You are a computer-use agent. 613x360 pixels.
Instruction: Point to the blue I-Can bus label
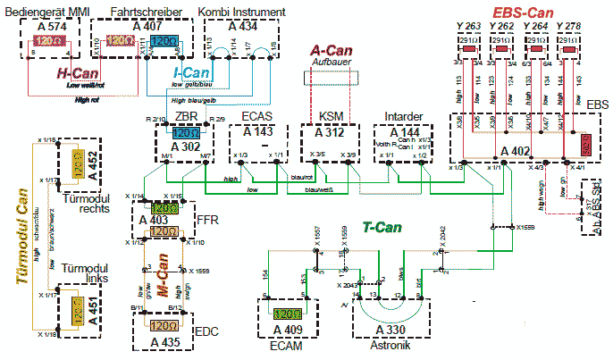190,71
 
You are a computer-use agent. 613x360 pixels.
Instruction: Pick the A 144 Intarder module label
398,130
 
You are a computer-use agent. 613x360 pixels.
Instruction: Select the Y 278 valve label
568,26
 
